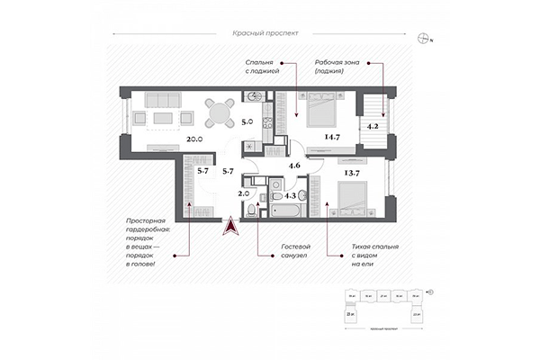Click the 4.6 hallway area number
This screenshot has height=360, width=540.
293,166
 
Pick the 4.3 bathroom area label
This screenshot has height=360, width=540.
291,193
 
